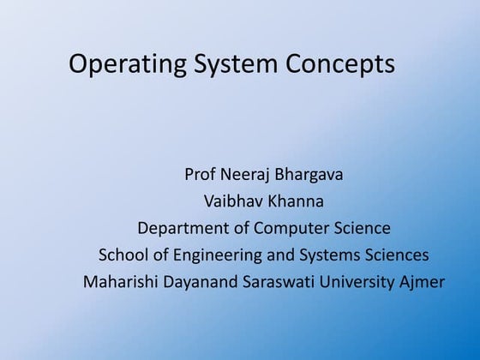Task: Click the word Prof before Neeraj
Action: pos(201,176)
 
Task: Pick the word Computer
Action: pos(290,229)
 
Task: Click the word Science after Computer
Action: pos(361,229)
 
